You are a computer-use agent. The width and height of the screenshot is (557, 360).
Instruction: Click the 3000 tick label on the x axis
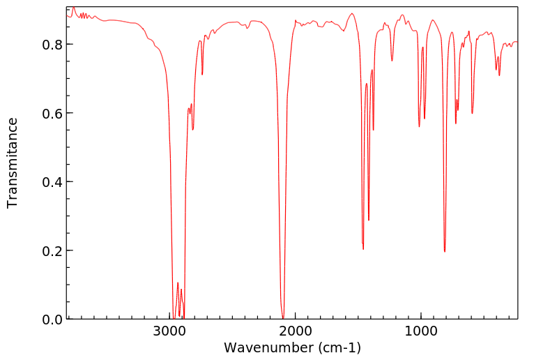[170, 331]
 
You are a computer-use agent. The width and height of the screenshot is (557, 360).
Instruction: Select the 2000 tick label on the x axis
[296, 331]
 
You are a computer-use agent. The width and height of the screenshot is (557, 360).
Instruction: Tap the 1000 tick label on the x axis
[421, 331]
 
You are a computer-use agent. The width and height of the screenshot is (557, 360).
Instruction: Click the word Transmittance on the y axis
[13, 163]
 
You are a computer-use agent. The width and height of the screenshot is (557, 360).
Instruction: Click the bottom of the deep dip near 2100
[282, 317]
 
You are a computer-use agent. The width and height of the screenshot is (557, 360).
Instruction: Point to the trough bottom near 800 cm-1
[445, 251]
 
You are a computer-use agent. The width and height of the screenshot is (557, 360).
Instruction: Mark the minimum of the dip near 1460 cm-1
[363, 249]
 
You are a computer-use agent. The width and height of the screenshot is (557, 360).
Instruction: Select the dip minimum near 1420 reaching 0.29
[369, 220]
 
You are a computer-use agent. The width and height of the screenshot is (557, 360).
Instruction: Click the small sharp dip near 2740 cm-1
[202, 74]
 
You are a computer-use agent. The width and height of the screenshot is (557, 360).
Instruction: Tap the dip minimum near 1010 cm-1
[419, 126]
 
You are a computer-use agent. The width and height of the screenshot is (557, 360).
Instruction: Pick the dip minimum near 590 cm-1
[472, 113]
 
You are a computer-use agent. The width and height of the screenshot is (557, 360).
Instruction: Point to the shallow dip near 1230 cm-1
[392, 61]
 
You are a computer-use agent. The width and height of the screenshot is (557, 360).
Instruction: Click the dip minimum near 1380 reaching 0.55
[374, 130]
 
